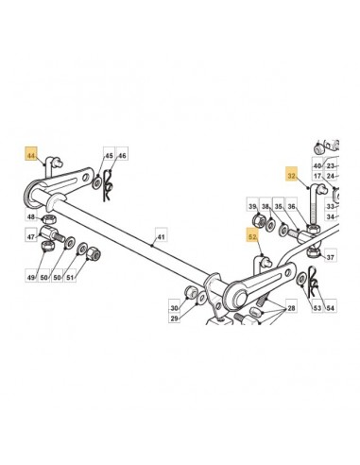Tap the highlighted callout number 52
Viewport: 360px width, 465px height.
pos(253,235)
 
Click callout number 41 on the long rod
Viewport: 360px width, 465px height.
pos(161,235)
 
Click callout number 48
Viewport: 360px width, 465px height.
pos(31,216)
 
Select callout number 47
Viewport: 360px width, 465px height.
pos(31,236)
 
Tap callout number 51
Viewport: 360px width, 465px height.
pos(70,276)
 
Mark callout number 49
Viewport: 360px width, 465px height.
pos(31,276)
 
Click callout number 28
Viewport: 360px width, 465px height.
pos(291,307)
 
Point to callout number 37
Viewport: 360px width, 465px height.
pos(330,256)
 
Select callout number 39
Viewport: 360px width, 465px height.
pos(252,205)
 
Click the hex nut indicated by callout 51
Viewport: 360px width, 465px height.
pos(94,253)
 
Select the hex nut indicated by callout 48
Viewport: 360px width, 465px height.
pos(49,218)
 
